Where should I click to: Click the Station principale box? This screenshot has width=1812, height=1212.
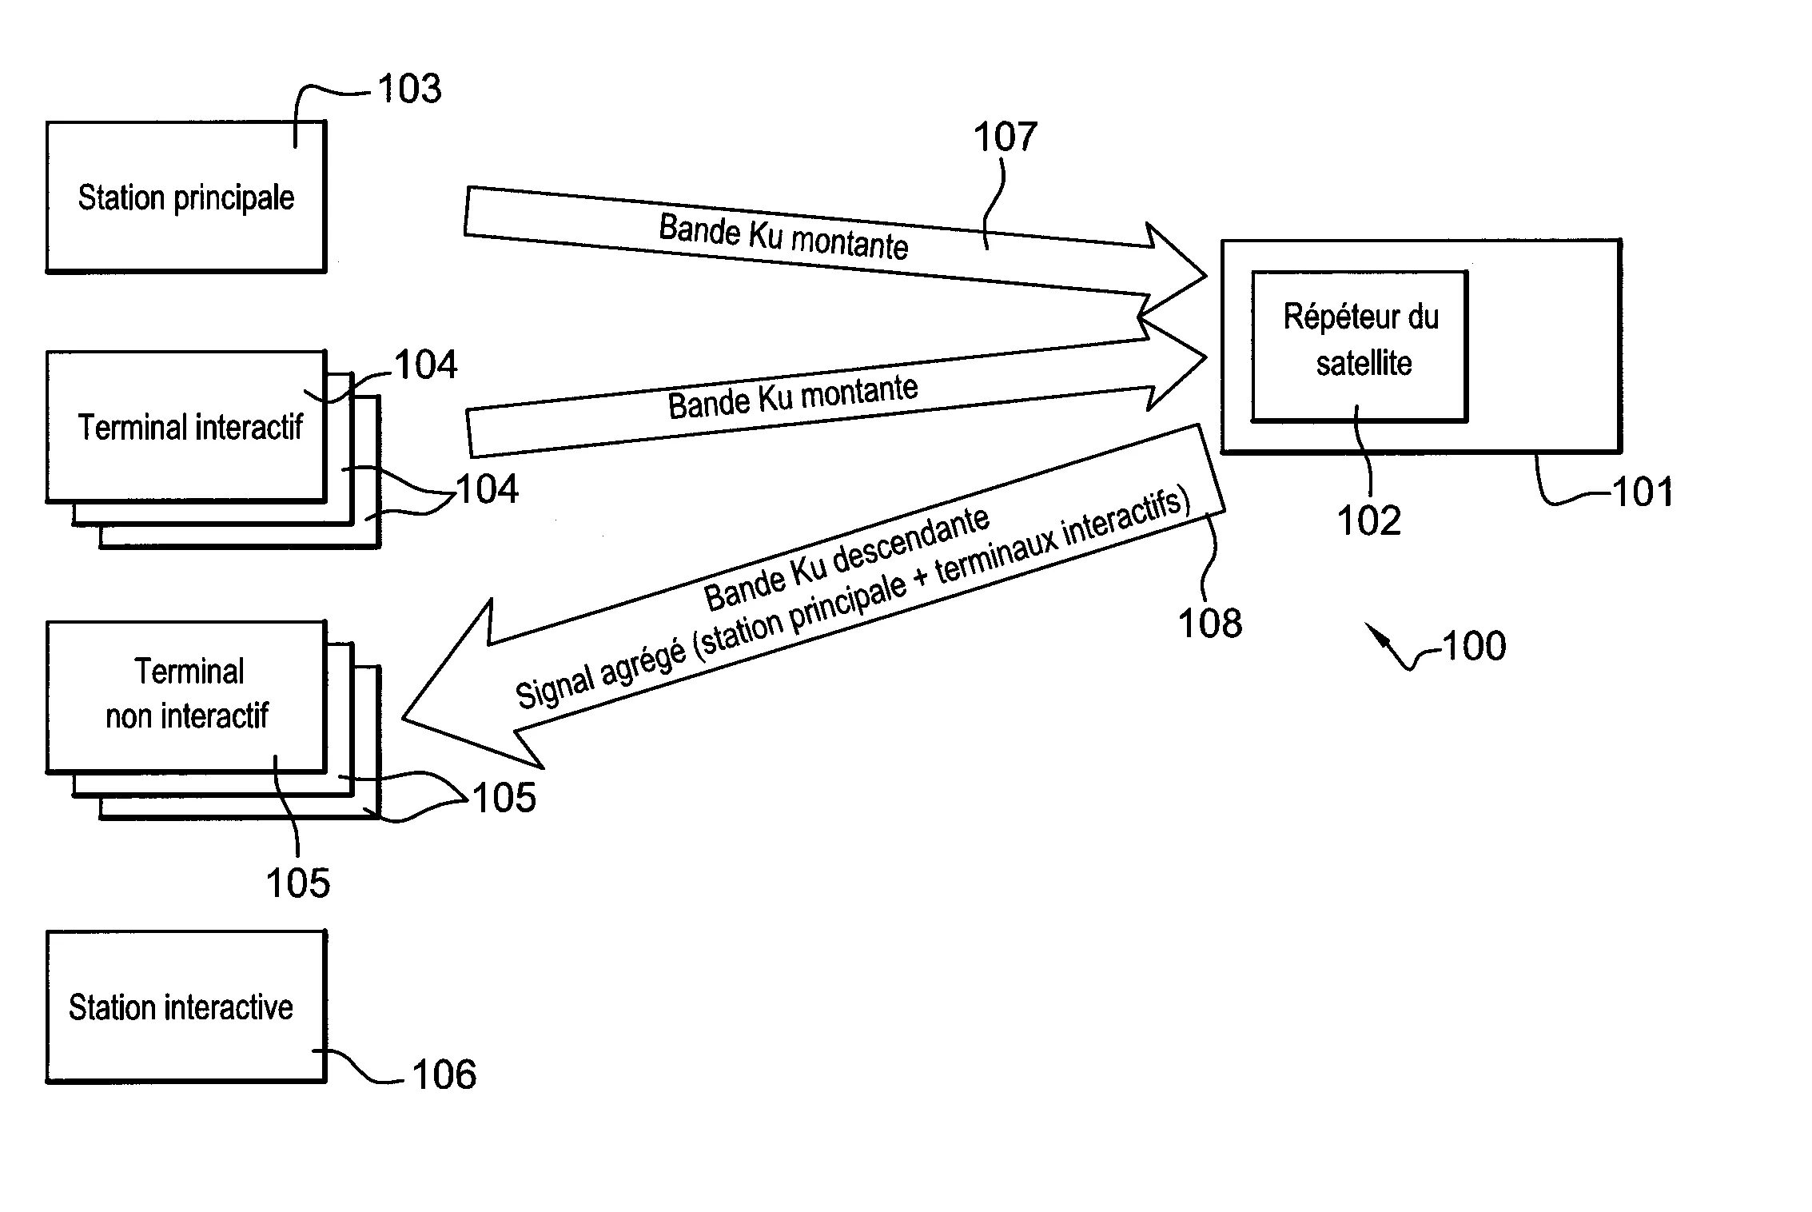pyautogui.click(x=185, y=197)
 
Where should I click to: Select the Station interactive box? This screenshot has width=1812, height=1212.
pyautogui.click(x=185, y=1007)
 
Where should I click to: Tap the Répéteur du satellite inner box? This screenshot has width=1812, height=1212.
pyautogui.click(x=1359, y=345)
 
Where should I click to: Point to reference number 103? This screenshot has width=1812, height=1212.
pyautogui.click(x=409, y=89)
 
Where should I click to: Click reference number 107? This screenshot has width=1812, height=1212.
pyautogui.click(x=1005, y=137)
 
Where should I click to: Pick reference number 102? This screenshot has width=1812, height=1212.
pyautogui.click(x=1368, y=521)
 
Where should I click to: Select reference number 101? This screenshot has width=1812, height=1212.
pyautogui.click(x=1643, y=492)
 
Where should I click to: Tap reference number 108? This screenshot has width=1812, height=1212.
pyautogui.click(x=1210, y=623)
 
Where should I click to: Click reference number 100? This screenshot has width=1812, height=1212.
pyautogui.click(x=1474, y=646)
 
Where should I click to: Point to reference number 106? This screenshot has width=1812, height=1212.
pyautogui.click(x=444, y=1074)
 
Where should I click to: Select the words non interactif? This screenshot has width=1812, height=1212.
pyautogui.click(x=187, y=716)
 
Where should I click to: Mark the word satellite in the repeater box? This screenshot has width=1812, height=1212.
pyautogui.click(x=1364, y=364)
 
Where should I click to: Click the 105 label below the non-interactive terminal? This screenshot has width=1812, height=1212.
pyautogui.click(x=297, y=883)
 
